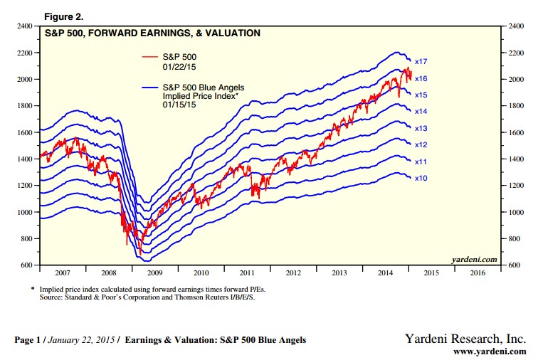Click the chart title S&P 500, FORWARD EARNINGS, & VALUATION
(152, 33)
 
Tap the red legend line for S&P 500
(149, 56)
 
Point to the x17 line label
(421, 61)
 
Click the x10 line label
(421, 178)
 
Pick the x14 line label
(421, 112)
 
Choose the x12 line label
(421, 145)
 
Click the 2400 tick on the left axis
(23, 26)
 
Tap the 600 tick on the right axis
(512, 265)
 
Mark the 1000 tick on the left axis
(23, 212)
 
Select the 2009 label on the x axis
(154, 272)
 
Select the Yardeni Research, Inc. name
(465, 339)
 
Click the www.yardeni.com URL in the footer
(490, 351)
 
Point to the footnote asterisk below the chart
(32, 288)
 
